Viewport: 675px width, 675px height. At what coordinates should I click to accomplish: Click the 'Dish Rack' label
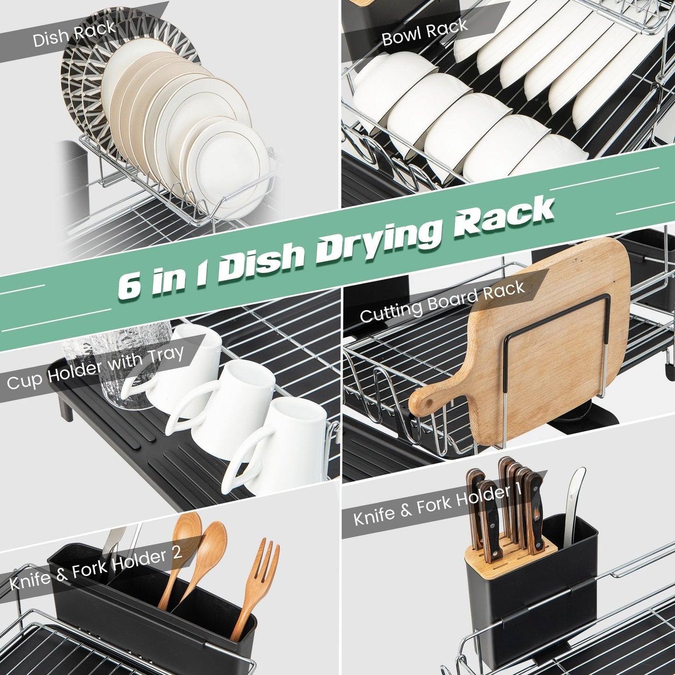click(x=74, y=34)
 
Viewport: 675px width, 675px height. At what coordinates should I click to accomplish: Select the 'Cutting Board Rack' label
click(x=442, y=302)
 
